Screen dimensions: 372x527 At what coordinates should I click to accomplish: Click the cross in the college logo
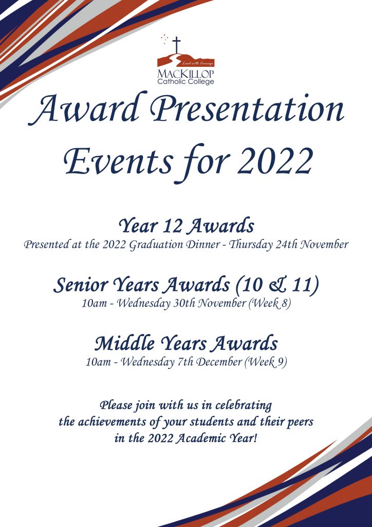click(176, 45)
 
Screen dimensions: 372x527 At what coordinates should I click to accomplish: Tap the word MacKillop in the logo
click(185, 74)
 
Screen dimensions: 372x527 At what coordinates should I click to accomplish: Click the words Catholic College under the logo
click(185, 81)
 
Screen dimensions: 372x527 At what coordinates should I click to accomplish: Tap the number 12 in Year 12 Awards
click(172, 226)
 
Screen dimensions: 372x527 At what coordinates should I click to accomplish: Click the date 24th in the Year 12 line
click(287, 245)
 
